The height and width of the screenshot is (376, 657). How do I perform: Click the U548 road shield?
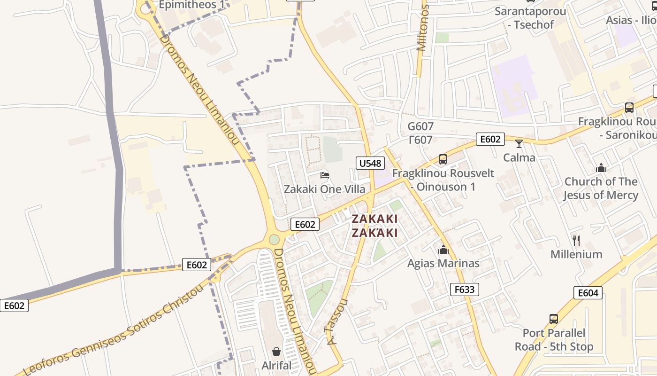[x=370, y=163]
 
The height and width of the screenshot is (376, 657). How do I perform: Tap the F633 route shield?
[x=465, y=290]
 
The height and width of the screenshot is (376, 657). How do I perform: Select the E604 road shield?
[x=588, y=293]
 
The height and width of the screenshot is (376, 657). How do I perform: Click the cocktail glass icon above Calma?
[x=519, y=143]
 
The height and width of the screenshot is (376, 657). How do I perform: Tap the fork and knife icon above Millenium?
[x=576, y=241]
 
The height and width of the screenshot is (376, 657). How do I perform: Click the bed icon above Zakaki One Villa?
[x=324, y=175]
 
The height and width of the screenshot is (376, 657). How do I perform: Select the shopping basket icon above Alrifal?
[x=276, y=352]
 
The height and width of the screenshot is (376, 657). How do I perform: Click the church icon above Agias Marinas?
[x=443, y=250]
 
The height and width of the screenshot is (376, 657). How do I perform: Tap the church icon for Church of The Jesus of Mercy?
[x=601, y=168]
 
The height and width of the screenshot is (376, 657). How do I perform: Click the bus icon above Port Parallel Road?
[x=554, y=319]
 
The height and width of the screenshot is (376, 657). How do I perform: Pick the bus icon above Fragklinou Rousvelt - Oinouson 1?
[x=443, y=159]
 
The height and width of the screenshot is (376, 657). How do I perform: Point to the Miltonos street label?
[x=423, y=28]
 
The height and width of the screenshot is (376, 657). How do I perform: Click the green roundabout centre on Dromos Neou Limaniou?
[x=274, y=240]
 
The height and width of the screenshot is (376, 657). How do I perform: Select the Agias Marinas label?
[x=443, y=263]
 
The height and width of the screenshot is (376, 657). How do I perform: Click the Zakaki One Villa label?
[x=324, y=189]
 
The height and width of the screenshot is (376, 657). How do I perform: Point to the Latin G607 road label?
[x=420, y=126]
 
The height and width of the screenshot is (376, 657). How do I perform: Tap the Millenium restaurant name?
[x=576, y=254]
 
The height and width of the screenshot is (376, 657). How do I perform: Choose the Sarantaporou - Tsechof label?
[x=530, y=18]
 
